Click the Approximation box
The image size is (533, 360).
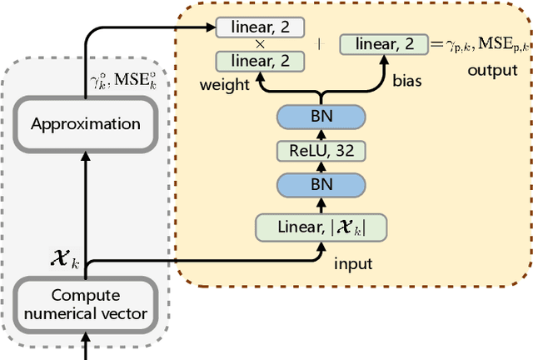coord(86,124)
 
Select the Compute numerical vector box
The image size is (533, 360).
coord(86,304)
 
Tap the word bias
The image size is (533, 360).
coord(408,82)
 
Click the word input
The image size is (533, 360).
coord(352,263)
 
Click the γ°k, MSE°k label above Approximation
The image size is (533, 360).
coord(117,81)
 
